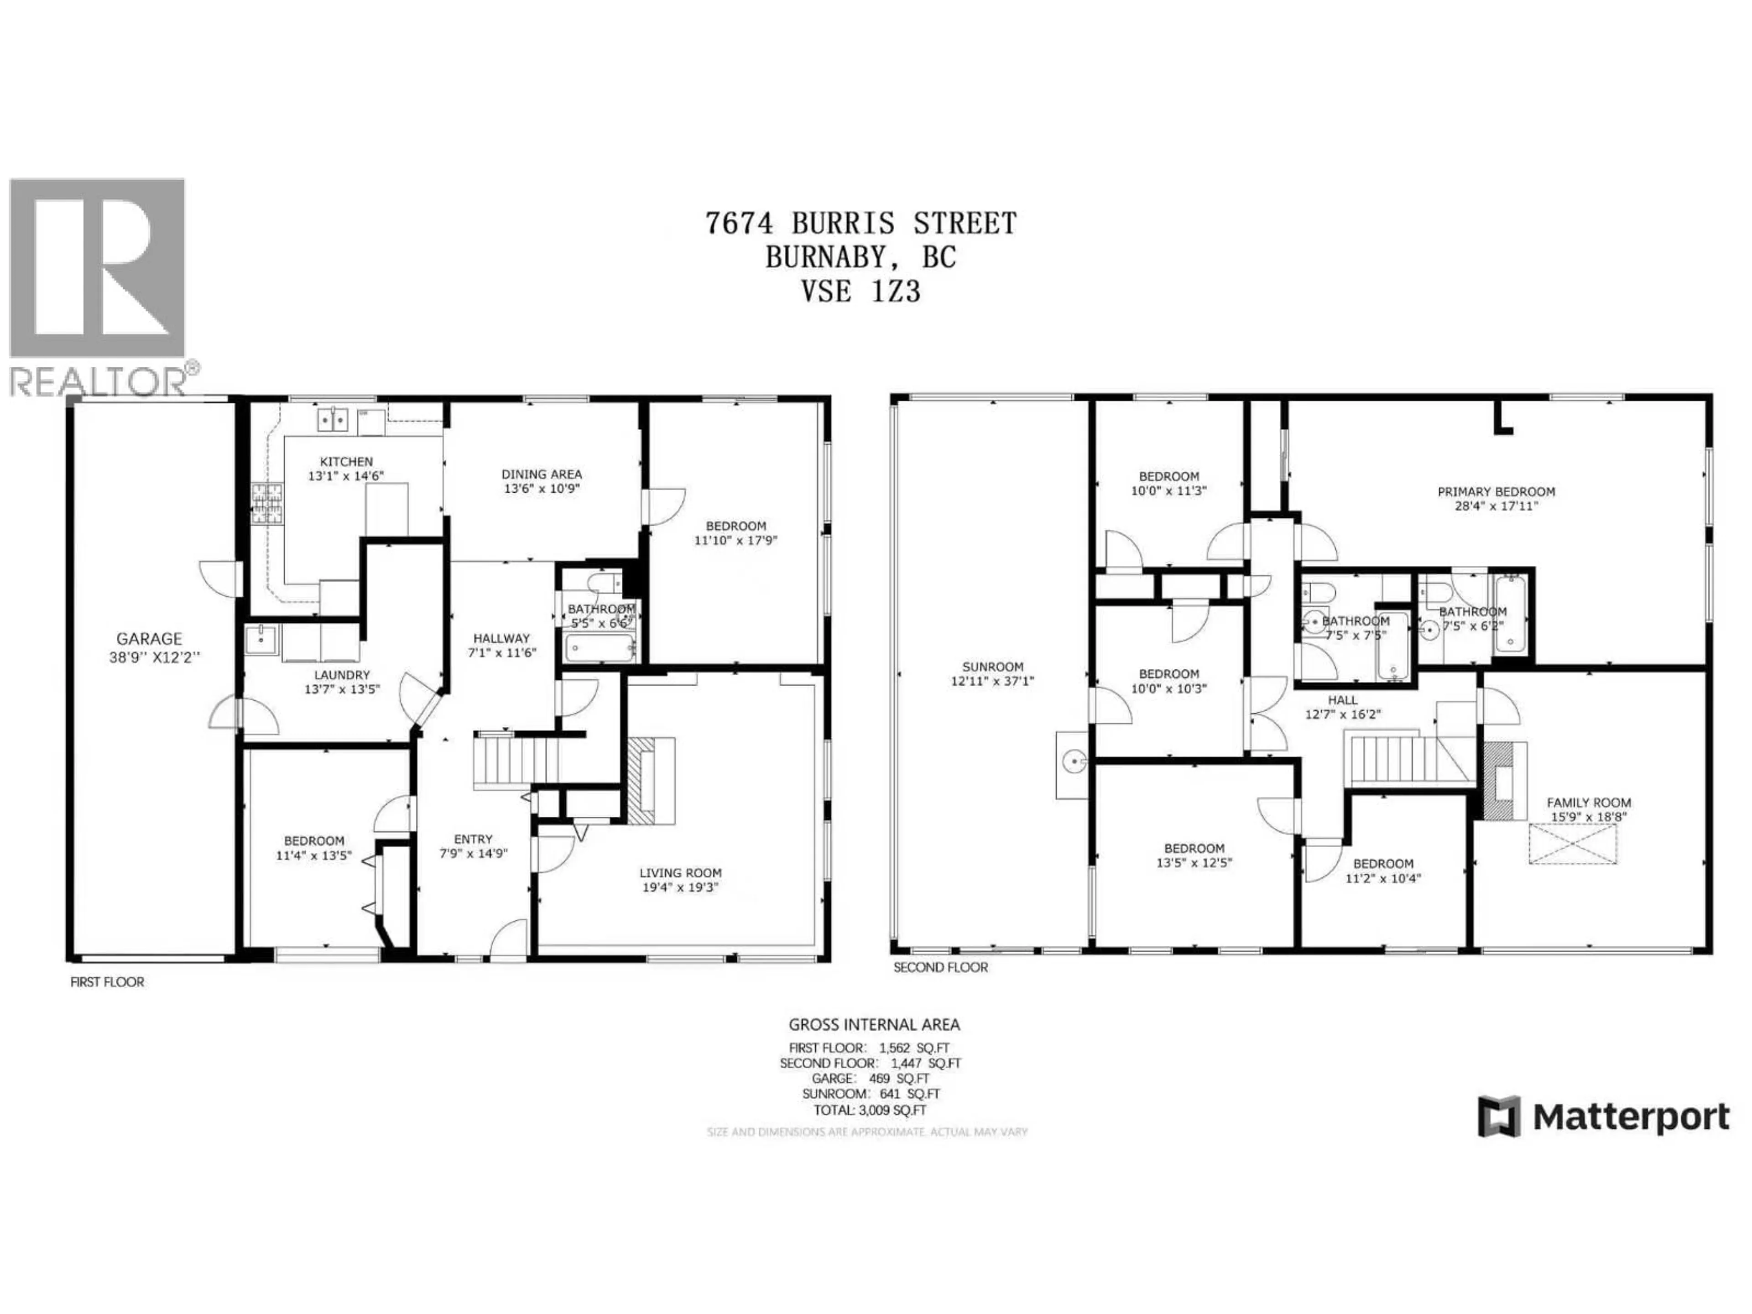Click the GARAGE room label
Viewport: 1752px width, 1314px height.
(149, 638)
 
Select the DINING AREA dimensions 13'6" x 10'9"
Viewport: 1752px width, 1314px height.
(542, 489)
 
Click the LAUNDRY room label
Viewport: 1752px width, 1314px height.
(342, 675)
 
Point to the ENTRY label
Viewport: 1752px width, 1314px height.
(473, 839)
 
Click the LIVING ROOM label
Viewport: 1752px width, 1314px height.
(680, 873)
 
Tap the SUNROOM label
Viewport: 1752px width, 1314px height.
(992, 667)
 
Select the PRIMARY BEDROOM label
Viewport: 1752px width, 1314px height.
(1496, 492)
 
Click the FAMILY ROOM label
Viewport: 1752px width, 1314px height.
(1589, 803)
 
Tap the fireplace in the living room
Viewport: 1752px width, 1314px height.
(651, 780)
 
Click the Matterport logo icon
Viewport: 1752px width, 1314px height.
(1498, 1117)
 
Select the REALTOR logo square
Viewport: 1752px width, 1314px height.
(97, 268)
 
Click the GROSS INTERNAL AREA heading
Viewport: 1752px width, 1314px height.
(874, 1025)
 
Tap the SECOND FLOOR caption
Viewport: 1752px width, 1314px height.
(940, 967)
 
